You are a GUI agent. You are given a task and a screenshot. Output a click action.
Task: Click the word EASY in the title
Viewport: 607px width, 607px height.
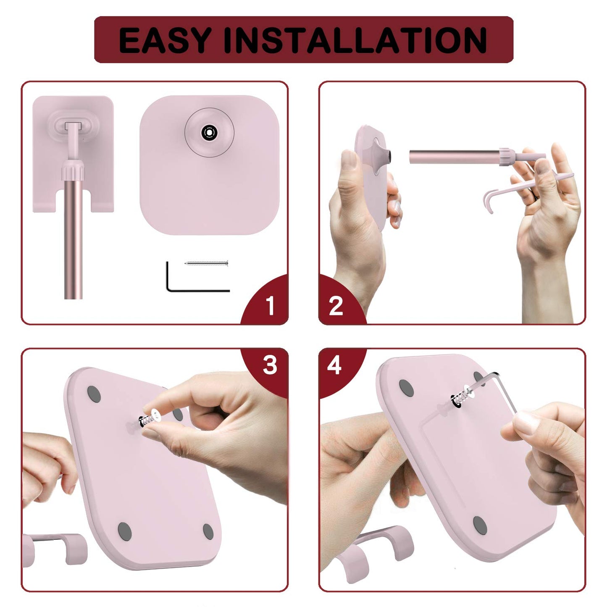point(165,40)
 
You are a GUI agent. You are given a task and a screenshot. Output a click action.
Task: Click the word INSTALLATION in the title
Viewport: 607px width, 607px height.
point(356,40)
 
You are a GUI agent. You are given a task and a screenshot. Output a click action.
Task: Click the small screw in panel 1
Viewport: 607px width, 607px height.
point(206,263)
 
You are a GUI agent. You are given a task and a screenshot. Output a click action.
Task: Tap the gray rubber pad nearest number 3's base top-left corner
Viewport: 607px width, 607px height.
point(94,394)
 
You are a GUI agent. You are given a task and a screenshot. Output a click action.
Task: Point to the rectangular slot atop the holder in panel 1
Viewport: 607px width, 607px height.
point(73,126)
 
